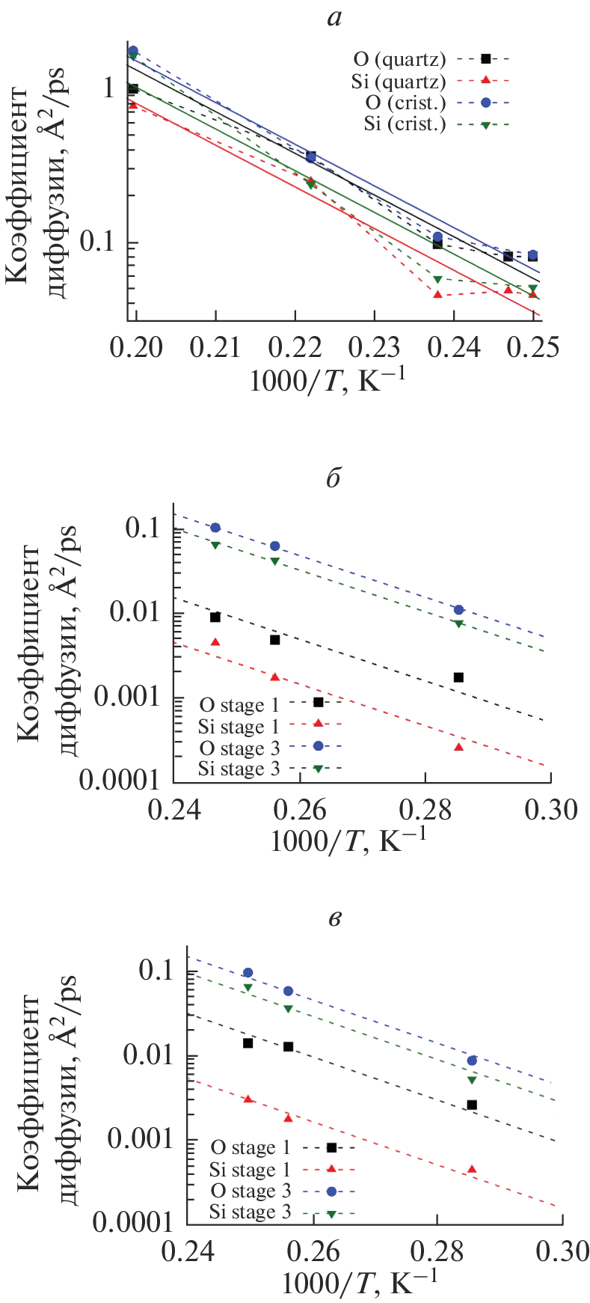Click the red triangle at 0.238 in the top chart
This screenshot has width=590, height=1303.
point(438,294)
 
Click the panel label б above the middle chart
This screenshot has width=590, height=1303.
point(334,478)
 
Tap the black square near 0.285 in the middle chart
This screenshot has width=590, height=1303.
point(458,677)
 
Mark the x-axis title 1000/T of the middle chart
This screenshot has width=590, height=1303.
point(348,840)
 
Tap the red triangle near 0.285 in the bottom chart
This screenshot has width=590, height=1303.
point(472,1169)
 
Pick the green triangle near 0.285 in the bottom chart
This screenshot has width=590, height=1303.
point(472,1080)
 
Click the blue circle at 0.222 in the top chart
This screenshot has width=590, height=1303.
point(311,157)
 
